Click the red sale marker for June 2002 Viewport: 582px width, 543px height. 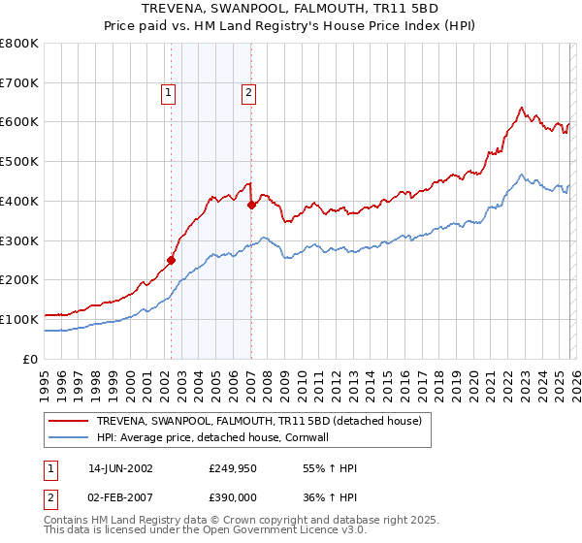(x=172, y=260)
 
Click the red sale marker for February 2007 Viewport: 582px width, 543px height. (x=251, y=205)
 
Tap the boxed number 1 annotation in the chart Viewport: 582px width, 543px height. (x=169, y=93)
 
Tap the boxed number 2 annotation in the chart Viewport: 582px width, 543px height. (x=248, y=93)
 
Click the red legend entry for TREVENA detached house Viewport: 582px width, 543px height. (x=258, y=421)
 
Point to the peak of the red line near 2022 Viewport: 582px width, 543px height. (x=521, y=107)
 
